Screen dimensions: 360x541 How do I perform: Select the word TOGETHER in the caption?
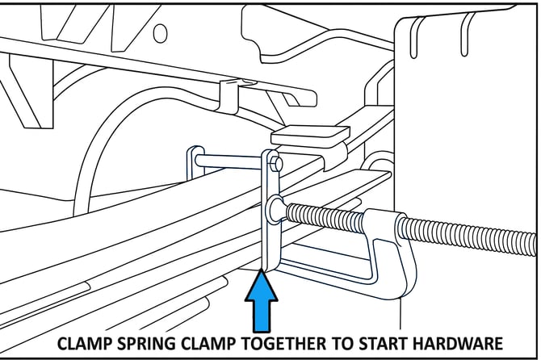pos(296,342)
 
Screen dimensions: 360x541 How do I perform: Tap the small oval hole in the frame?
pos(160,33)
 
